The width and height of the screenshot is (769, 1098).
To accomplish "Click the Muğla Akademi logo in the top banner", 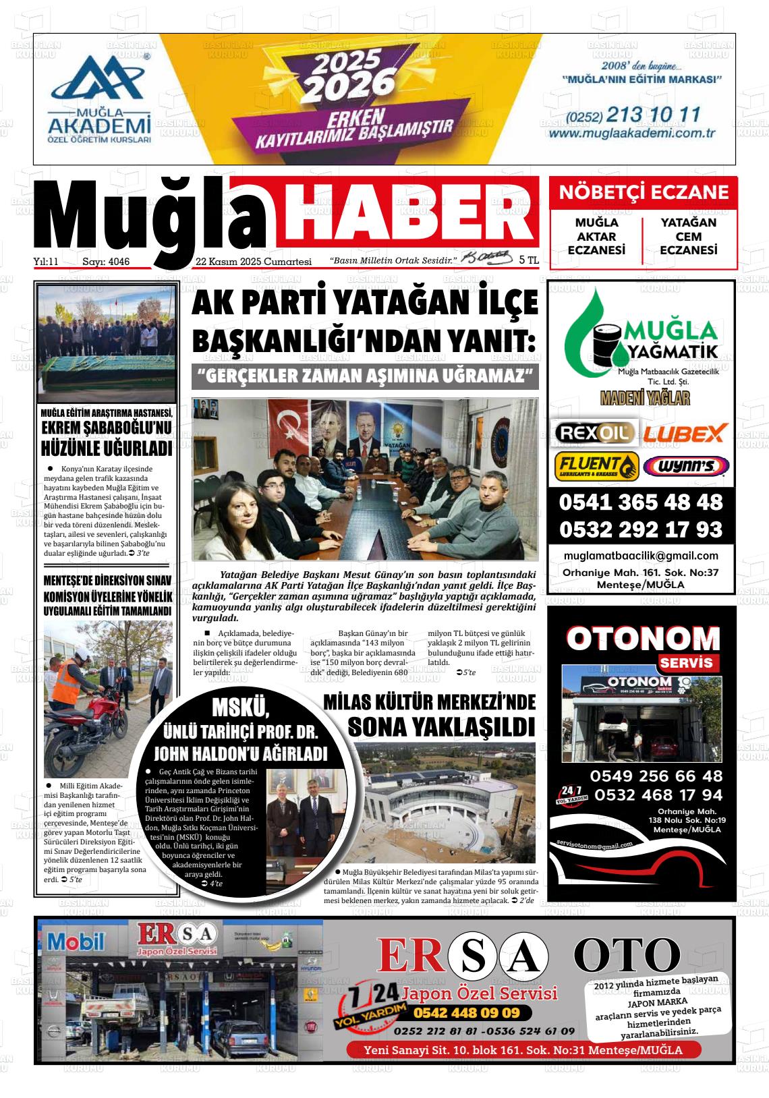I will pos(98,98).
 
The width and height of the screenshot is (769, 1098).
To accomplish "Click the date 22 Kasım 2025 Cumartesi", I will pos(253,261).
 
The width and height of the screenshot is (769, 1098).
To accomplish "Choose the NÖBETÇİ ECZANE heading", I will pos(644,192).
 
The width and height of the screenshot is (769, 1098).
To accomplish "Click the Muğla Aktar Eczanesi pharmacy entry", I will pos(596,236).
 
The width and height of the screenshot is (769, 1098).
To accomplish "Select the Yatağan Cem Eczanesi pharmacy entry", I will pos(689,236).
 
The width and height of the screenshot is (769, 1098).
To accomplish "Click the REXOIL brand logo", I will pos(594,432).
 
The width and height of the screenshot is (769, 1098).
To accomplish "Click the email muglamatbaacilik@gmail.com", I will pos(642,556).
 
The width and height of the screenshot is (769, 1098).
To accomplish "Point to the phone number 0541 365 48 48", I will pos(641,502).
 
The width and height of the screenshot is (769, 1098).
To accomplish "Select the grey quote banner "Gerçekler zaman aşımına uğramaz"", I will pos(365,376).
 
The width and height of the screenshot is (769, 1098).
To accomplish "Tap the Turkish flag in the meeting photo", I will pos(289,432).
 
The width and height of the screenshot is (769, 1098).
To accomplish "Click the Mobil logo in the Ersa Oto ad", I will pos(76,942).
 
